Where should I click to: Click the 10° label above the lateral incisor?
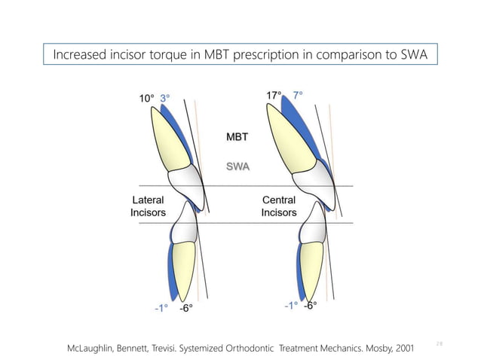pos(146,98)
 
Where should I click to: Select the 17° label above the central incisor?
pos(274,96)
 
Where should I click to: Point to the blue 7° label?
pos(299,96)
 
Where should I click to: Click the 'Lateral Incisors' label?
pos(149,206)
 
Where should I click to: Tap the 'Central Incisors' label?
pos(279,206)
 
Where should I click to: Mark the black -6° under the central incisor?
pos(310,306)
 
